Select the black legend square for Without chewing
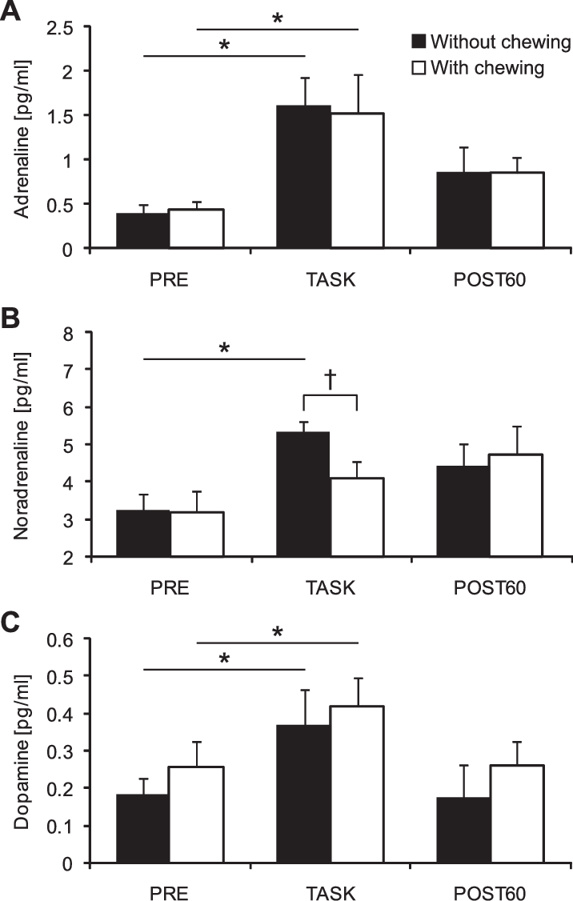tap(418, 42)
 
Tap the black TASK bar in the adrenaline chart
tap(303, 177)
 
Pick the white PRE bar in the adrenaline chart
tap(196, 229)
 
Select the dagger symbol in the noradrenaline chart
tap(330, 379)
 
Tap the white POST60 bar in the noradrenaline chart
tap(516, 505)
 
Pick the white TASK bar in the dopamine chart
tap(357, 784)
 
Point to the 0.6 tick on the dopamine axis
tap(61, 639)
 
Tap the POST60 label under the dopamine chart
tap(490, 891)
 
